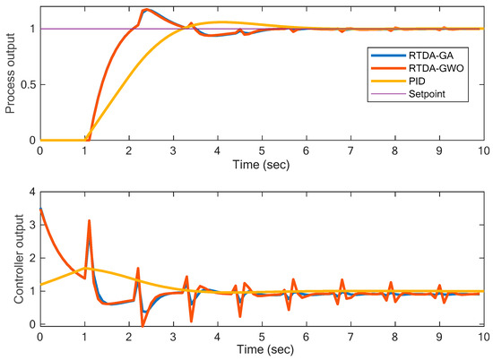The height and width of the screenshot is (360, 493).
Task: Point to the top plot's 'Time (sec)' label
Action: (x=262, y=167)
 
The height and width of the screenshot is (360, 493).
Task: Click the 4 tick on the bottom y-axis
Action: (x=31, y=192)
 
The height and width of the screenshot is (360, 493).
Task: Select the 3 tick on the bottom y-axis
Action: (x=31, y=225)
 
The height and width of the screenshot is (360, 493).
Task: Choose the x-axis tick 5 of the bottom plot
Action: (x=262, y=336)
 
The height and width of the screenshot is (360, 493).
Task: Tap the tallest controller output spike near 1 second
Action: (x=89, y=220)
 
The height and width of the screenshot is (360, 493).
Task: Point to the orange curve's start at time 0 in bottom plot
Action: (x=40, y=209)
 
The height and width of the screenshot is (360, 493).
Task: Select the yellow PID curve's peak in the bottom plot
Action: (x=87, y=268)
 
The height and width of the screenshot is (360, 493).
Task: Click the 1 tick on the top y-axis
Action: (x=32, y=29)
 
